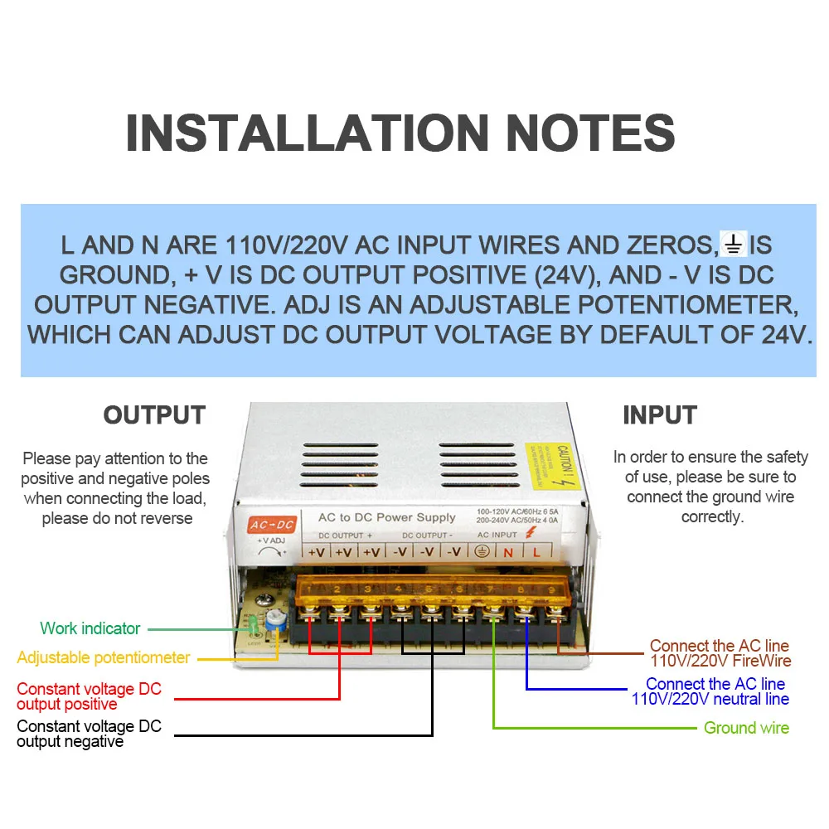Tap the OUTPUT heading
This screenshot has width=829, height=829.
click(154, 414)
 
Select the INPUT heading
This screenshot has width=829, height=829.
click(660, 414)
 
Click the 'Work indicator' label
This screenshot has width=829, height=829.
click(90, 628)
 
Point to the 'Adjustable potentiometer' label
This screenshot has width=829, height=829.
click(104, 657)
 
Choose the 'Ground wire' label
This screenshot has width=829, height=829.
click(746, 728)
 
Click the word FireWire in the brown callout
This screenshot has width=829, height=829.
click(758, 662)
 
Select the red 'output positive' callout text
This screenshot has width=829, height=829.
click(67, 705)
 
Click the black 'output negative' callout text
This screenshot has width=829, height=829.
click(70, 741)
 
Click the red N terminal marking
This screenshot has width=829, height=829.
click(508, 552)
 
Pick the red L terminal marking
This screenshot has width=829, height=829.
click(536, 552)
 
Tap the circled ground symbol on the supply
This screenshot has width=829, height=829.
click(480, 552)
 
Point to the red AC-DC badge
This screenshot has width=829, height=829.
click(272, 524)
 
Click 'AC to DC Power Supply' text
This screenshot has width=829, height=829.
click(387, 517)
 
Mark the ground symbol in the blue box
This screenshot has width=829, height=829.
click(734, 245)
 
